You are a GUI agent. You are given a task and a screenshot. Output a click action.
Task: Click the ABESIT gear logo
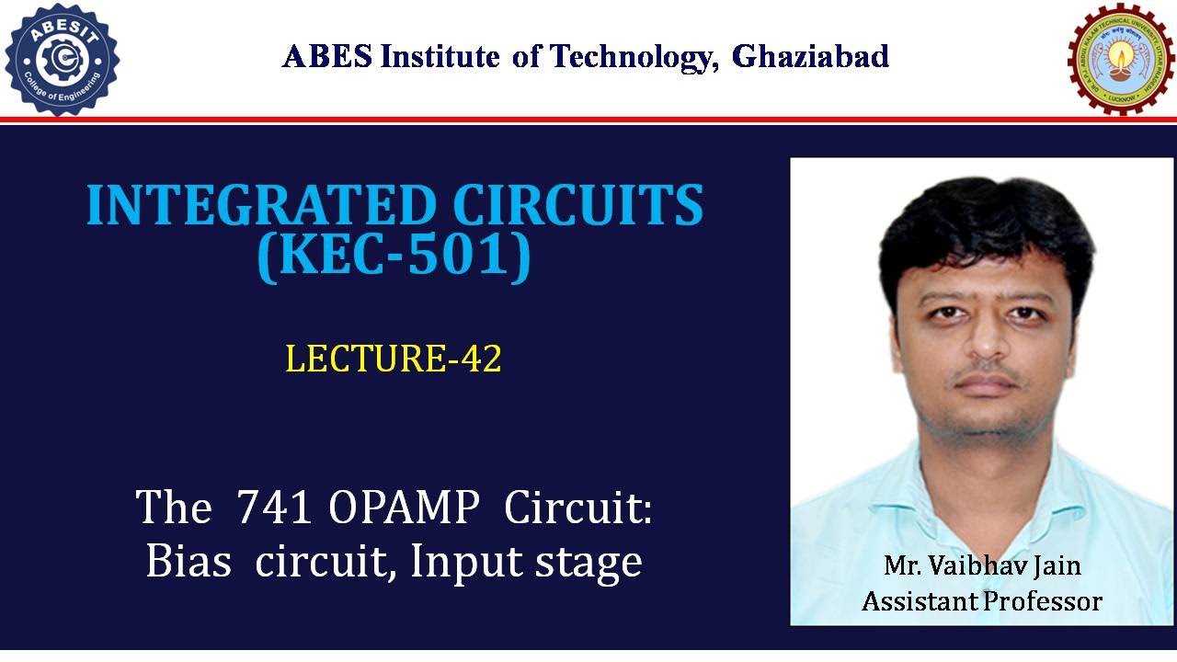tap(62, 59)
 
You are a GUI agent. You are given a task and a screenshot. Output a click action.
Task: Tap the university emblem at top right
tap(1115, 58)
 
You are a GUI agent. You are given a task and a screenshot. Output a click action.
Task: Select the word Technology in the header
tap(632, 57)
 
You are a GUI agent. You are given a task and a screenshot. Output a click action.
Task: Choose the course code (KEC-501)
tap(394, 257)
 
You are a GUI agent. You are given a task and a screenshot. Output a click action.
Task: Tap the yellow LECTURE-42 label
tap(394, 359)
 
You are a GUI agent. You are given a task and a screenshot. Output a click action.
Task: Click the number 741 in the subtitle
tap(272, 507)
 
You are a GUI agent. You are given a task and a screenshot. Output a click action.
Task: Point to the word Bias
tap(189, 561)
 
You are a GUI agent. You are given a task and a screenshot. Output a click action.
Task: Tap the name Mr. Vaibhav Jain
tap(981, 565)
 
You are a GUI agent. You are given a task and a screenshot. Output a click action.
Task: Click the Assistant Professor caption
tap(981, 601)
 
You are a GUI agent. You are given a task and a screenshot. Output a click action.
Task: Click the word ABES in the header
tap(327, 57)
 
